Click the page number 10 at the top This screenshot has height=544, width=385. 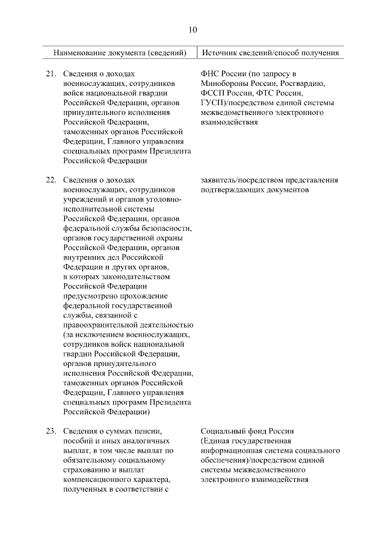point(192,29)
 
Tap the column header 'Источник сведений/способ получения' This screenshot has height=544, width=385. point(270,53)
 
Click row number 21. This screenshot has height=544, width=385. point(51,74)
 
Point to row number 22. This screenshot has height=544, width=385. point(51,180)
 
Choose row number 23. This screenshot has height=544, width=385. point(51,431)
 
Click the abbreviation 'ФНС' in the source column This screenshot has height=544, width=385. point(208,74)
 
